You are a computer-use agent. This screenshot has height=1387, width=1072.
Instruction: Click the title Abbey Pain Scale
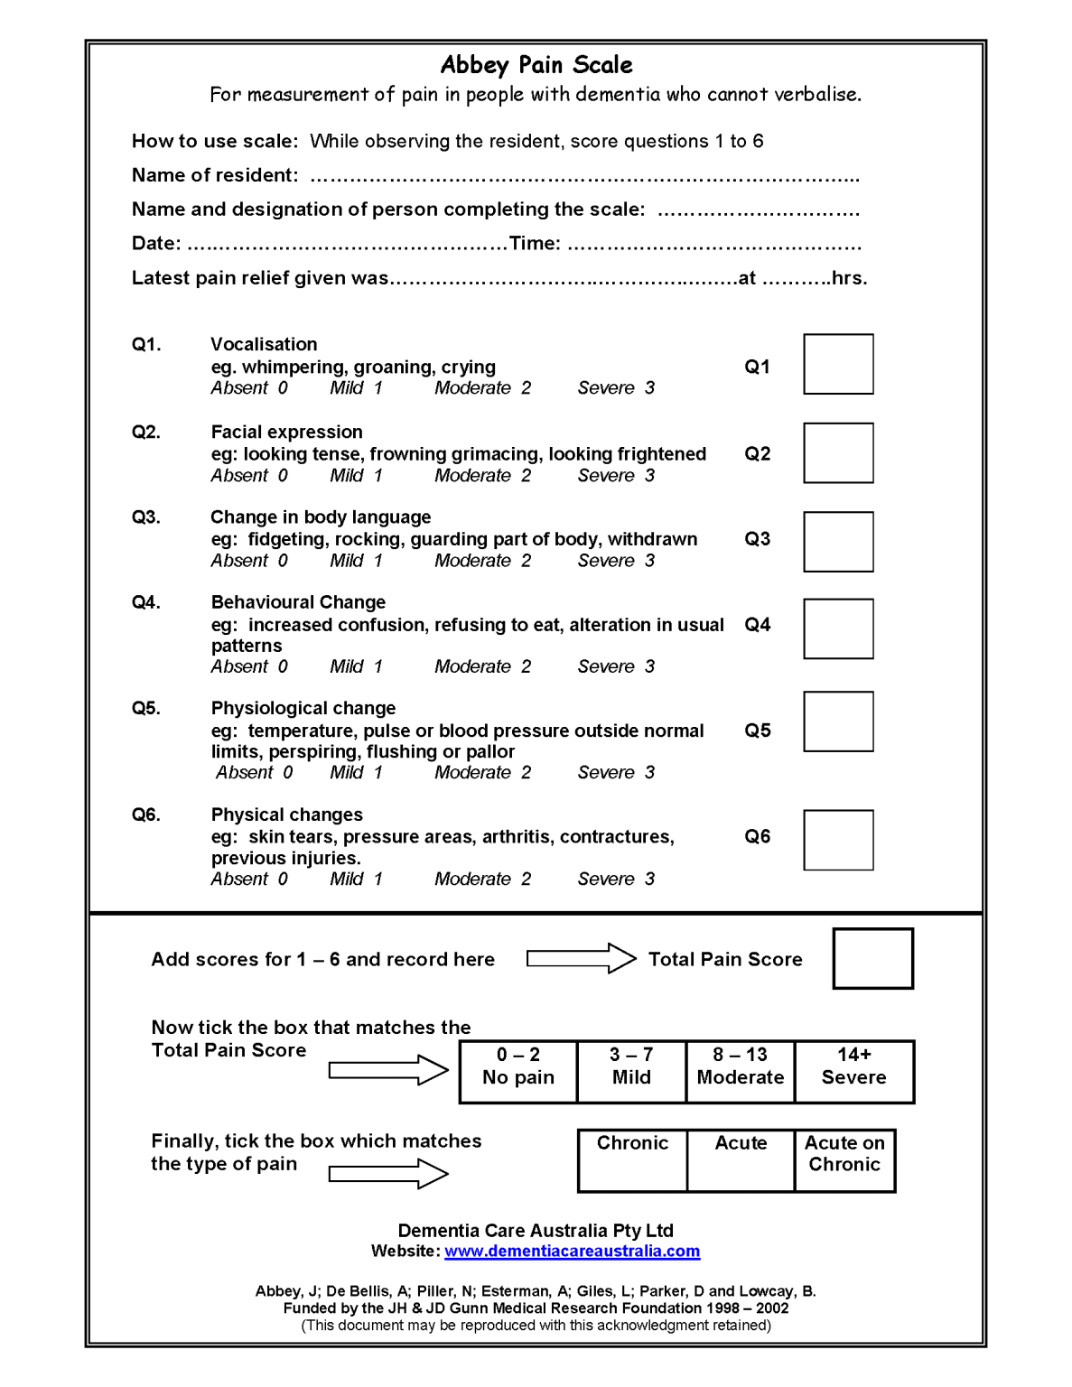click(536, 65)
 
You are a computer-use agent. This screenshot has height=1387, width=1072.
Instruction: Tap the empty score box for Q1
click(838, 364)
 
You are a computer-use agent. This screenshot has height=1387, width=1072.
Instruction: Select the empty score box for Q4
click(838, 628)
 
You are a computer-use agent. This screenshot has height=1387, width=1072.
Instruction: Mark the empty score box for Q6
click(838, 840)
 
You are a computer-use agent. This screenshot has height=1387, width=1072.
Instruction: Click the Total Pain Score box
click(872, 958)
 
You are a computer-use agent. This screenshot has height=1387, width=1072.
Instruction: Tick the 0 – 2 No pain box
click(518, 1071)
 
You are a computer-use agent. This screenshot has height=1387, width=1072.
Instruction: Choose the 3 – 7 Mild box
click(631, 1071)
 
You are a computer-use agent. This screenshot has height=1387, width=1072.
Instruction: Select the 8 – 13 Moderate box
click(741, 1071)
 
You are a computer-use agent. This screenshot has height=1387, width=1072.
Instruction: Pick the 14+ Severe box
click(853, 1071)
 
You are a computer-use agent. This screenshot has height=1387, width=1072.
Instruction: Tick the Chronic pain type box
click(632, 1160)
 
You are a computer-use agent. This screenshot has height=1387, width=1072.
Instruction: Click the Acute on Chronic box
click(844, 1160)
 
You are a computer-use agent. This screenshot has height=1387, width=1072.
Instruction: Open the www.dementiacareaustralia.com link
click(572, 1252)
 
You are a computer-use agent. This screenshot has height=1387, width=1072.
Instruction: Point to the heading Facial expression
click(286, 432)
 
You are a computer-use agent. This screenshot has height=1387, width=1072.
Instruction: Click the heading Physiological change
click(303, 708)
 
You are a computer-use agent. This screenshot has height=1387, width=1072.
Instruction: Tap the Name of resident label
click(215, 175)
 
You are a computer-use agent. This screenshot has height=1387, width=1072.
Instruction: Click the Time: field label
click(535, 244)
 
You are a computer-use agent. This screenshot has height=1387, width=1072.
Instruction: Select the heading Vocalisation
click(264, 344)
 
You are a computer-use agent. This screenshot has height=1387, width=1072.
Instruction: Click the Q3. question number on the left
click(145, 517)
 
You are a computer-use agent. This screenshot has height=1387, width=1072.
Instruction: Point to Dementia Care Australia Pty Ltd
click(536, 1231)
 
